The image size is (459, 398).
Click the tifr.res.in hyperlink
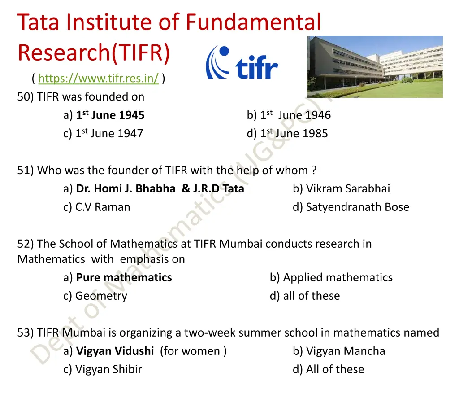(x=98, y=79)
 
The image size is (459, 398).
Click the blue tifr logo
(x=242, y=63)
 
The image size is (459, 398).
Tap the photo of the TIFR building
(x=374, y=67)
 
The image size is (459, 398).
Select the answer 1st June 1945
(x=110, y=115)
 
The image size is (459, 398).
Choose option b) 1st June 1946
(x=289, y=115)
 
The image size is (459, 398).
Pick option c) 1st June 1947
(x=103, y=133)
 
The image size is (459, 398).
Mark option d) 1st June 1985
(x=287, y=133)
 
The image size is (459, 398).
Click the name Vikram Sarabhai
(x=348, y=188)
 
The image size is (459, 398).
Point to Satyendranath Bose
(x=357, y=207)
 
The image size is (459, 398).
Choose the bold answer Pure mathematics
(x=124, y=277)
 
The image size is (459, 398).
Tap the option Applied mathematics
(x=338, y=277)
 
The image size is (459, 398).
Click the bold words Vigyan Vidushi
(x=115, y=351)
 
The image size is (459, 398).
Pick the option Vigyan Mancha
(x=345, y=351)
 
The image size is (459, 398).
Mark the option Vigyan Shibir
(x=108, y=369)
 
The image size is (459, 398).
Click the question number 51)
(x=26, y=171)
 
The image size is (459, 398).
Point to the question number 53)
(x=26, y=332)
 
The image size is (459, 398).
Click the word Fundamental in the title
(x=253, y=22)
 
